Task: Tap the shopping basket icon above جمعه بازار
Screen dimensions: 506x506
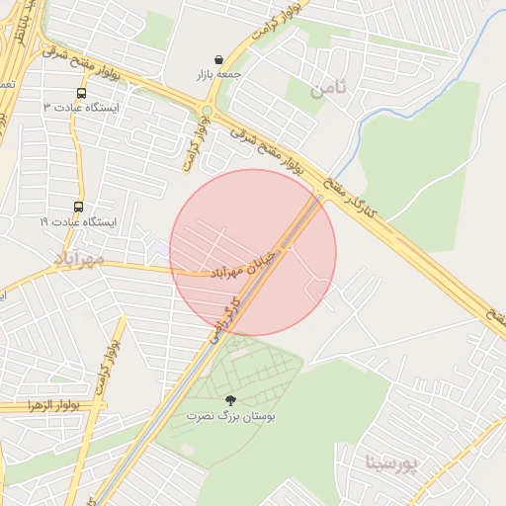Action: click(217, 59)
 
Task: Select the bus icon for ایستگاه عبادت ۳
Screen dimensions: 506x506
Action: click(80, 94)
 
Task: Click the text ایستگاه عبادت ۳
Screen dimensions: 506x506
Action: click(81, 108)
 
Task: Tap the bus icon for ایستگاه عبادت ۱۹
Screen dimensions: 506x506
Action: click(78, 208)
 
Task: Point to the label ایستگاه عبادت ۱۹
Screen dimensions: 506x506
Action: click(78, 222)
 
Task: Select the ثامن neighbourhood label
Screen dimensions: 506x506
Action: click(328, 89)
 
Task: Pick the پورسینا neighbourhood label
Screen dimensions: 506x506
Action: click(392, 462)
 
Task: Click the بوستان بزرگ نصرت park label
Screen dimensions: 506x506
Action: click(231, 417)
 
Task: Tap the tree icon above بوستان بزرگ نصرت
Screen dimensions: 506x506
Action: click(231, 400)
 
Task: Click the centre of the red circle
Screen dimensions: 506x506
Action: click(253, 252)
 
